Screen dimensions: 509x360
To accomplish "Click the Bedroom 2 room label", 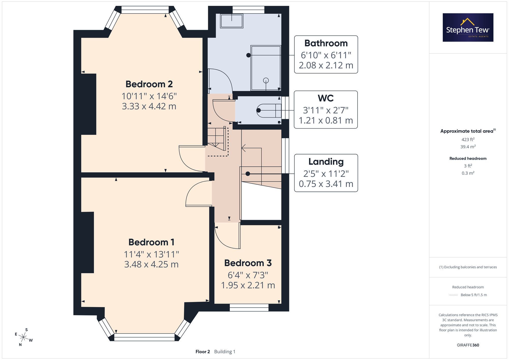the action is tap(149, 84).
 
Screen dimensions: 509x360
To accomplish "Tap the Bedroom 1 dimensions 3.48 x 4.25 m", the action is tap(151, 264).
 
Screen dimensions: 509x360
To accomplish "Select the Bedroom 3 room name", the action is tap(248, 263).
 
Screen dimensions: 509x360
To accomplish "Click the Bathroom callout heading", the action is tap(326, 43).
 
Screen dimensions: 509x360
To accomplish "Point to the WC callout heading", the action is tap(326, 98).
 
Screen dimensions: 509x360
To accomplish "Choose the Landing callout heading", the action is tap(326, 162).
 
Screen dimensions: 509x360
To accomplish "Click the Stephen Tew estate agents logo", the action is tap(468, 27).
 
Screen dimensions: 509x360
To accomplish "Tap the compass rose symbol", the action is tap(23, 338).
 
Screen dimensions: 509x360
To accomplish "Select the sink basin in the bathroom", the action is tap(232, 21).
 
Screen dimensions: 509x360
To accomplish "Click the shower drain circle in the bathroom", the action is tap(266, 80).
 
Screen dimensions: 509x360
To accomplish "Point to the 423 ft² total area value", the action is tap(468, 139).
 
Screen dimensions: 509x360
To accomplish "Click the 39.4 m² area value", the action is tap(468, 147).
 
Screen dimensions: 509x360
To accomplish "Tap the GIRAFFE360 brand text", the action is tap(468, 345).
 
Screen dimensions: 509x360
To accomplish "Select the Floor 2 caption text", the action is tap(203, 352).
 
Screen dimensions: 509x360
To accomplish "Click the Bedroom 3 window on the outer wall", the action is tap(249, 308).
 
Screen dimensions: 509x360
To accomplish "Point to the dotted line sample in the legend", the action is tap(454, 295).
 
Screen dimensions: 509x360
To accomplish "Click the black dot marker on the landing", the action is tap(248, 174).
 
